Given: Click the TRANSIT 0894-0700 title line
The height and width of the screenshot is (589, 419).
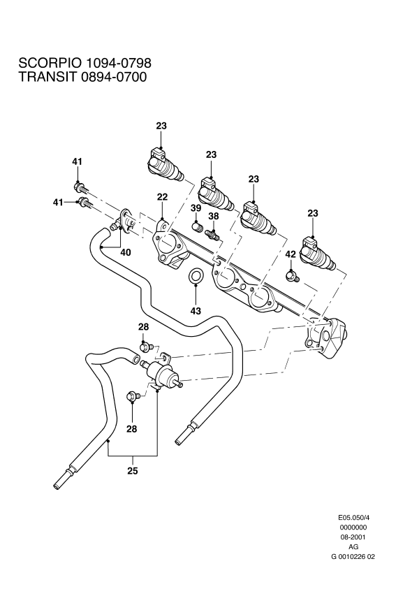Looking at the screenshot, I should tap(82, 78).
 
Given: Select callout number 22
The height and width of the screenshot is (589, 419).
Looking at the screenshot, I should tap(162, 198).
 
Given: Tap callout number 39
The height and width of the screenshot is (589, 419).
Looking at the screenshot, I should tap(196, 208).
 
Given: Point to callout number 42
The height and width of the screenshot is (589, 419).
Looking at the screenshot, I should tap(291, 255).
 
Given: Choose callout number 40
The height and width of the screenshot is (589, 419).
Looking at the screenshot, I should tap(126, 252).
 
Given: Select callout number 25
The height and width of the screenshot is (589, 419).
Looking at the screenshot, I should tap(133, 470).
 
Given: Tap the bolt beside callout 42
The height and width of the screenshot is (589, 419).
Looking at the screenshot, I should tap(293, 276).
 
